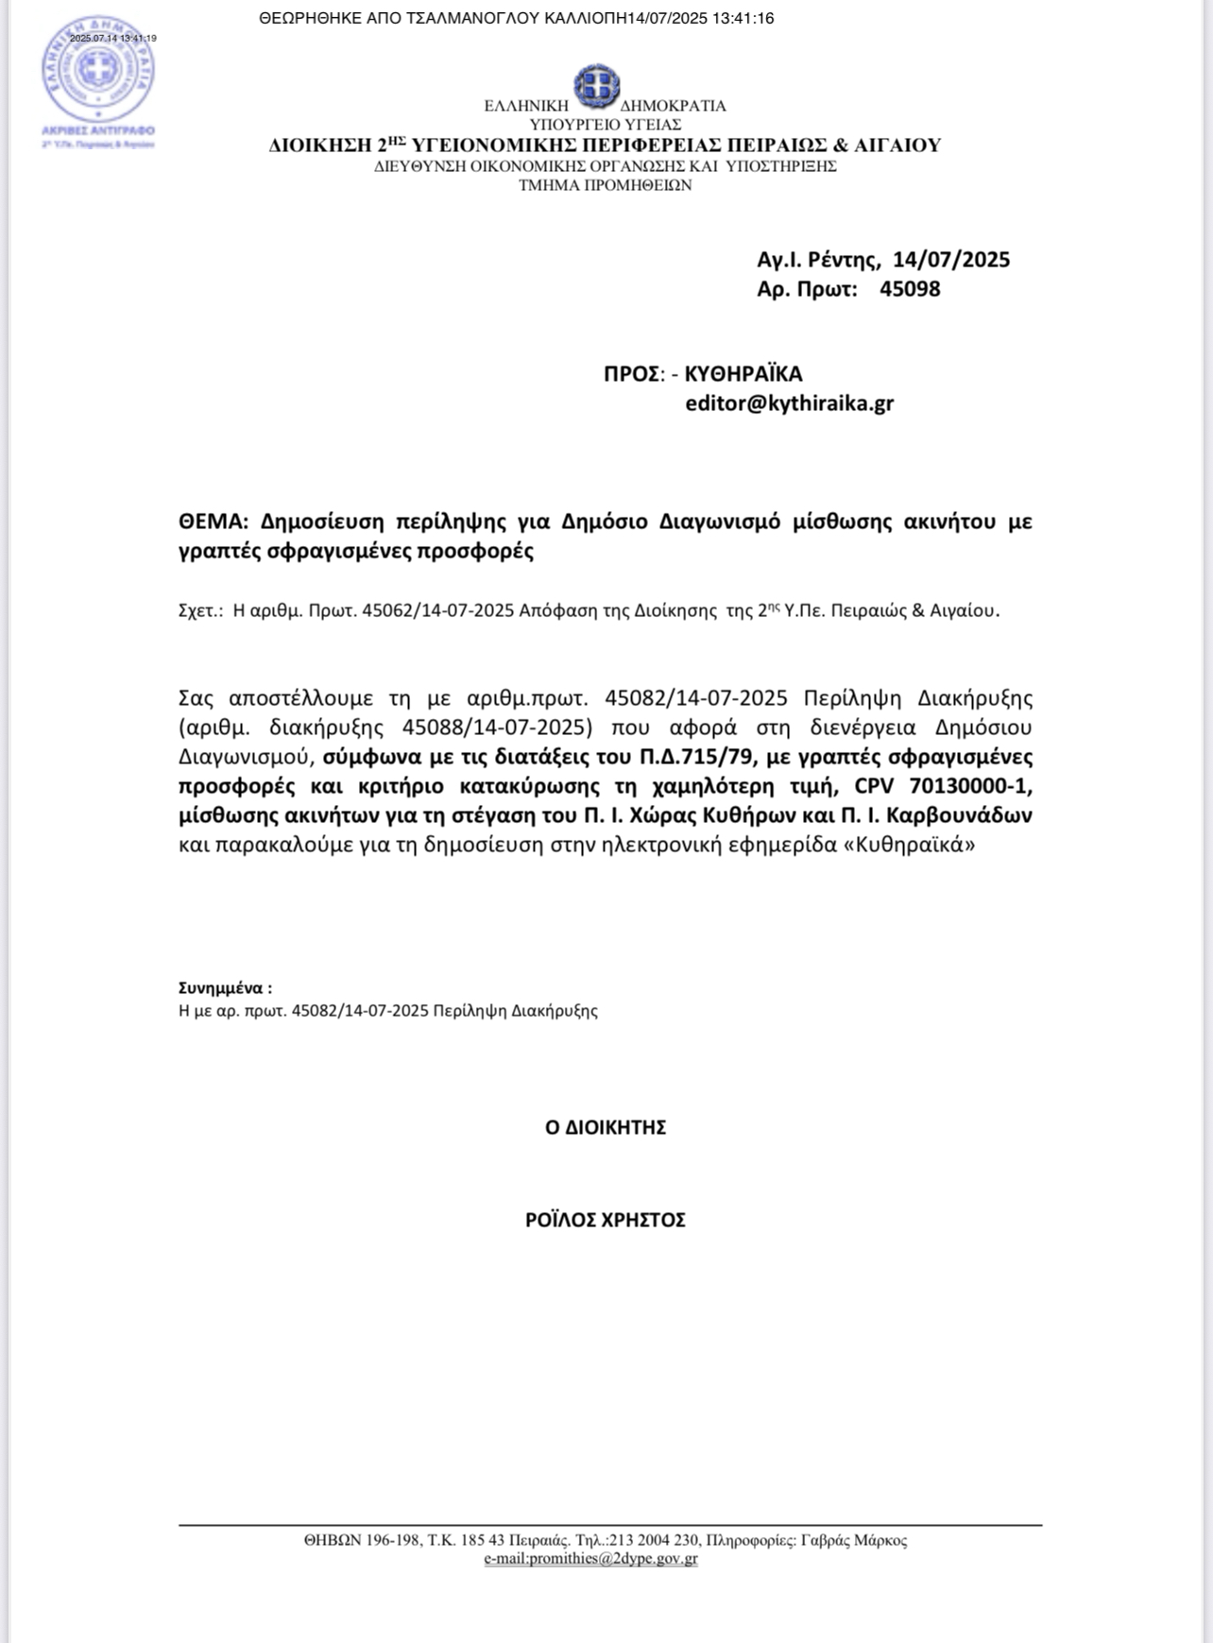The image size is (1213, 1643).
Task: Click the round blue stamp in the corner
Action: [x=97, y=73]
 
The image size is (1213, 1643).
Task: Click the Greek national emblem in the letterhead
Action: [x=596, y=86]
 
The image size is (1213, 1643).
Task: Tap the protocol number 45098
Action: [x=910, y=289]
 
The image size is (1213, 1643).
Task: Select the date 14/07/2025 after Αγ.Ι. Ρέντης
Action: [x=951, y=260]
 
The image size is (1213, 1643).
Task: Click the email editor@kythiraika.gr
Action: [x=789, y=403]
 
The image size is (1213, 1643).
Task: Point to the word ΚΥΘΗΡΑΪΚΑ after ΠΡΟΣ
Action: [x=743, y=373]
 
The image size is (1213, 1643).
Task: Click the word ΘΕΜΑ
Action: [x=212, y=522]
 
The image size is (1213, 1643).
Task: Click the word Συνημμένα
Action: [x=224, y=988]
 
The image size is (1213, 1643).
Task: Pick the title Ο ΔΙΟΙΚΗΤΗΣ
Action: [x=606, y=1127]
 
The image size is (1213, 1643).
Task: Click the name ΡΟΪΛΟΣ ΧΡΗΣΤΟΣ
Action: [x=606, y=1220]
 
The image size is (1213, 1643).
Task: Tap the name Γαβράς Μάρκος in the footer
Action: [x=853, y=1540]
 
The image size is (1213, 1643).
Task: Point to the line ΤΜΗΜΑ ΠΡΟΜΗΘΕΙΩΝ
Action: [x=605, y=185]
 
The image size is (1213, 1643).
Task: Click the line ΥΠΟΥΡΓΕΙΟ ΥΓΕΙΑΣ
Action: [x=606, y=125]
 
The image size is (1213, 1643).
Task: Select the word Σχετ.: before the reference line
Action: [x=200, y=610]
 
